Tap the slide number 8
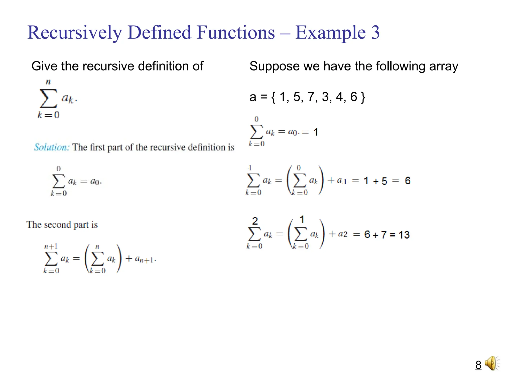click(478, 365)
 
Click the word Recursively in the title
click(74, 33)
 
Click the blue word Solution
click(52, 147)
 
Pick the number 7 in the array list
click(311, 97)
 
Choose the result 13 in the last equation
click(404, 235)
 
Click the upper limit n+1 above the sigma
click(51, 246)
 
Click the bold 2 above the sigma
click(255, 221)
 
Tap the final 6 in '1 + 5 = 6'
click(408, 180)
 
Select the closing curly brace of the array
click(363, 97)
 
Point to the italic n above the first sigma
click(48, 82)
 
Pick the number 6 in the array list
click(354, 97)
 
